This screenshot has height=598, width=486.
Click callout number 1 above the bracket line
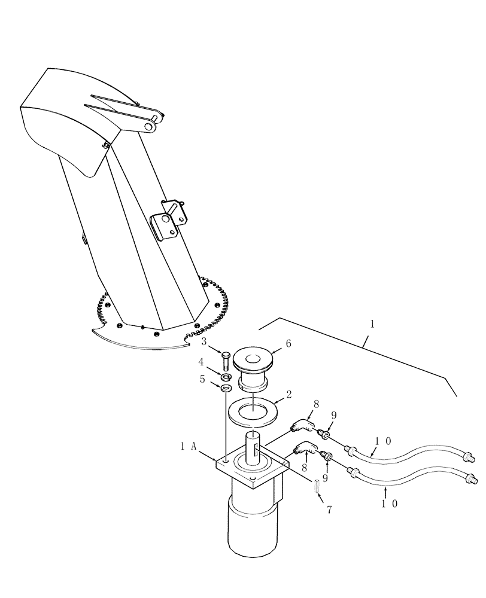click(x=372, y=325)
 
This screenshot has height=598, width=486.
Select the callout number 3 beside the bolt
click(x=203, y=341)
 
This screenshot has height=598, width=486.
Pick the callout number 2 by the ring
click(x=288, y=395)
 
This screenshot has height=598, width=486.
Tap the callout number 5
click(x=203, y=379)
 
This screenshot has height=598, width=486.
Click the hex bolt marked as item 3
click(x=226, y=359)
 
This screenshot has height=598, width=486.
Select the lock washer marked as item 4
click(x=227, y=377)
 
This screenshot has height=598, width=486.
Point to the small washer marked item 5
click(x=226, y=389)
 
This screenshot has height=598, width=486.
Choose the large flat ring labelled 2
click(x=254, y=412)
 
